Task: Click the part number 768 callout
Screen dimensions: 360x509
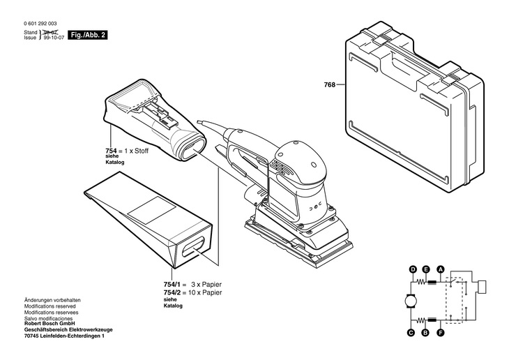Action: point(329,85)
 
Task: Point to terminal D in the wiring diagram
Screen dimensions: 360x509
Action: point(413,269)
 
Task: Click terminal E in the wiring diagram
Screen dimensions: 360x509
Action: point(426,269)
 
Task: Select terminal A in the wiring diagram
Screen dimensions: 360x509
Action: point(440,269)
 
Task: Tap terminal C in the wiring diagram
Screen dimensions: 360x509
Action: point(413,333)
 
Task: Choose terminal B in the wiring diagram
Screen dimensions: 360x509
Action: point(426,333)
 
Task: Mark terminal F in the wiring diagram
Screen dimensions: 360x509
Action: point(440,333)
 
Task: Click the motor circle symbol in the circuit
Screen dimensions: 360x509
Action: point(409,301)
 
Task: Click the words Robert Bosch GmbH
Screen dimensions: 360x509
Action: point(50,323)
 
